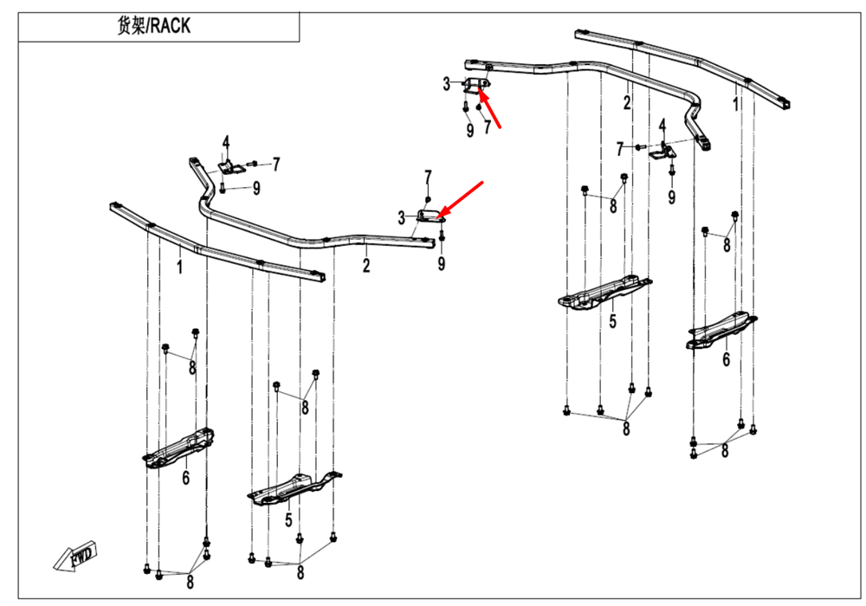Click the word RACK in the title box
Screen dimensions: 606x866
coord(169,26)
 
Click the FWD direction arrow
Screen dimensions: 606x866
coord(77,556)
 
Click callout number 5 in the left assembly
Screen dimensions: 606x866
coord(288,520)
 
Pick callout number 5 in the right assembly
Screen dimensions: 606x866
coord(612,322)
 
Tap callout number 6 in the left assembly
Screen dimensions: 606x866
coord(185,477)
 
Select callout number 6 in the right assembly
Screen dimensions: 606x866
coord(727,358)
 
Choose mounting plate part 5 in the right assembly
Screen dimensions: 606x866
coord(604,293)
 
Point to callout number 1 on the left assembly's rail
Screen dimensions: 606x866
coord(180,268)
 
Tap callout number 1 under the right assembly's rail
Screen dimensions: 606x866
coord(736,105)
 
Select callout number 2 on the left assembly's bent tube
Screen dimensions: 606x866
coord(366,266)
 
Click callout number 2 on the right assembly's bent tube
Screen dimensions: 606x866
coord(626,103)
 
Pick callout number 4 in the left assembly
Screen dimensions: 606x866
coord(225,143)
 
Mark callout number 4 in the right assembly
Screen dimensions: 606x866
coord(662,126)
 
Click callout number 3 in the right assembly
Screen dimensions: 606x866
coord(447,84)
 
